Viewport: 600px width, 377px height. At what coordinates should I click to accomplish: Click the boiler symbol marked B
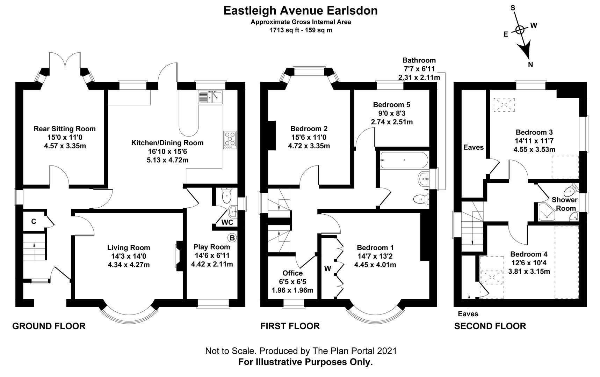[232, 238]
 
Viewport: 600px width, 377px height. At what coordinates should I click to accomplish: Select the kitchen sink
[210, 97]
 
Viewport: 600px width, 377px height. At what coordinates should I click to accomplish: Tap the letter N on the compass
[530, 64]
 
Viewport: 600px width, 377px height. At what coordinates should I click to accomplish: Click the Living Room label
[129, 247]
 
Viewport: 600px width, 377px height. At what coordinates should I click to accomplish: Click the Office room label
[292, 273]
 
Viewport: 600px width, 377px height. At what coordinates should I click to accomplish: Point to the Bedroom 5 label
[391, 105]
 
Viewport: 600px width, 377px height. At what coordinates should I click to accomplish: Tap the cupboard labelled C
[34, 221]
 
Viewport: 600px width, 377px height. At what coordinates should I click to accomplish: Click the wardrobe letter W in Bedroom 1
[327, 268]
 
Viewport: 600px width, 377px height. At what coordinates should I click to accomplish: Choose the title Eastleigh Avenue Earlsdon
[300, 10]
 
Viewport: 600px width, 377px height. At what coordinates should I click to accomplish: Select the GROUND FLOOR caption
[49, 326]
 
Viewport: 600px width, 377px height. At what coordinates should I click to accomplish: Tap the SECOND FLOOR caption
[490, 326]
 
